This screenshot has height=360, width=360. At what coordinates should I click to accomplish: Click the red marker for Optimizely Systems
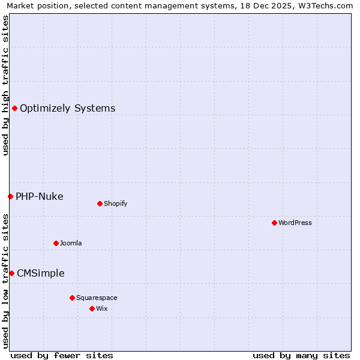tap(14, 108)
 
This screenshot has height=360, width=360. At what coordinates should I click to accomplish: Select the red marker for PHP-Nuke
tap(10, 196)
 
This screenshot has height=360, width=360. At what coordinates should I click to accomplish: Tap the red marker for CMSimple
tap(11, 273)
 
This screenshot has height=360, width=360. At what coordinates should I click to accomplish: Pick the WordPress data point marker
tap(274, 223)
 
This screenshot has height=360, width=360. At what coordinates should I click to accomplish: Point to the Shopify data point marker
tap(100, 203)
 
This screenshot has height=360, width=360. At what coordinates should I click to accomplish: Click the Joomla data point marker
tap(56, 243)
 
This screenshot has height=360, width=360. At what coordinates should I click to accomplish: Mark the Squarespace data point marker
tap(72, 298)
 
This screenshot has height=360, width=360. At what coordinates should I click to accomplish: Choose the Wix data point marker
tap(92, 308)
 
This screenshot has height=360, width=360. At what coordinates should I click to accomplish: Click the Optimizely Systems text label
tap(67, 109)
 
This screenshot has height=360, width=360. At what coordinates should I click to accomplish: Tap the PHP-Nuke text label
tap(39, 197)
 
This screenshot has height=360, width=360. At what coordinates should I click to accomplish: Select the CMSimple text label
tap(40, 274)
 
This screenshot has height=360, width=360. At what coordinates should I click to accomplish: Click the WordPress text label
tap(295, 223)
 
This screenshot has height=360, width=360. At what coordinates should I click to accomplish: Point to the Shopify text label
tap(115, 204)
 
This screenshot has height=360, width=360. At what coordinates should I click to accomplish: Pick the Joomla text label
tap(71, 244)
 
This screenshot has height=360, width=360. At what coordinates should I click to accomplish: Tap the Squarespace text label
tap(97, 298)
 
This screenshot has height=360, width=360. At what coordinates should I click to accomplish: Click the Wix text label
tap(101, 309)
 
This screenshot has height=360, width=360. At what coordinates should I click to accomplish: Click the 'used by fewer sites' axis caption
tap(62, 355)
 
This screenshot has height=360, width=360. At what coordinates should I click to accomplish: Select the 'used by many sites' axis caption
tap(301, 355)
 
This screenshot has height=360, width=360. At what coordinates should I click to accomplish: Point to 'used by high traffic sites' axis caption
tap(5, 85)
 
